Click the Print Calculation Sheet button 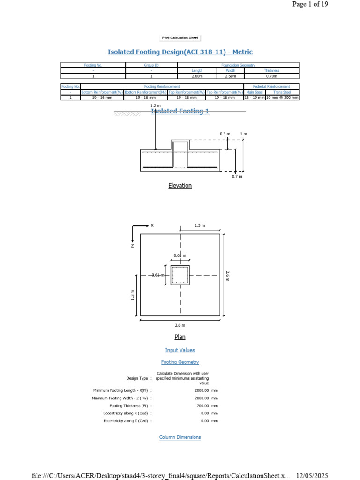pos(180,38)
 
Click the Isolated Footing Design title pos(180,52)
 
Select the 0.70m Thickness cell pos(271,75)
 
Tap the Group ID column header pos(151,65)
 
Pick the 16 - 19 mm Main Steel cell pos(255,97)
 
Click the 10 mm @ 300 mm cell pos(282,97)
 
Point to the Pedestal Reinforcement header pos(271,86)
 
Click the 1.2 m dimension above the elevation pos(155,106)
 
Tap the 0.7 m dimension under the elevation pos(237,176)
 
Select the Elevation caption pos(180,186)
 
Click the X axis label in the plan pos(152,225)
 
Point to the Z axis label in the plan pos(133,245)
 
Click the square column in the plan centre pos(180,275)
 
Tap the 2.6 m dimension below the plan pos(180,325)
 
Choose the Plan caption pos(180,337)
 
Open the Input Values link pos(180,350)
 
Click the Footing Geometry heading pos(180,362)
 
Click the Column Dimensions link pos(180,437)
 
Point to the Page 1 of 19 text pos(310,4)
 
